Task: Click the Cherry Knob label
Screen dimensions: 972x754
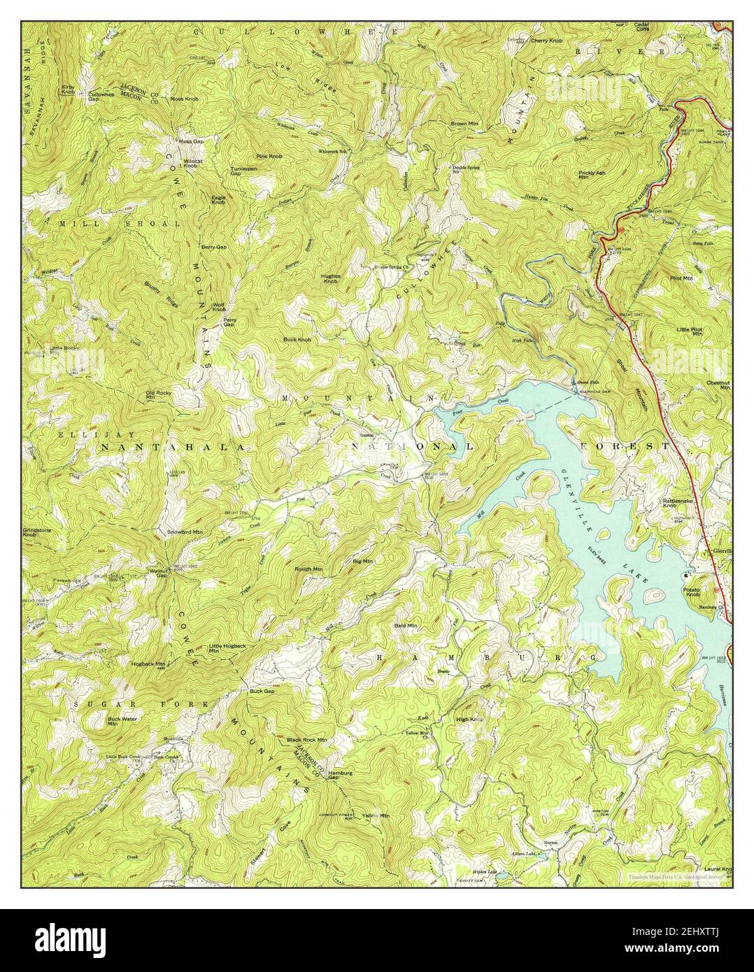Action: (546, 41)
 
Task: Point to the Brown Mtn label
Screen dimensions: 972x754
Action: (464, 124)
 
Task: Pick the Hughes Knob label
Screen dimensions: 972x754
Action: (331, 278)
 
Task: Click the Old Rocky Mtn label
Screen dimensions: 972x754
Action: (158, 395)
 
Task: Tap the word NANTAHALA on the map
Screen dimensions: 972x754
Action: (173, 445)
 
